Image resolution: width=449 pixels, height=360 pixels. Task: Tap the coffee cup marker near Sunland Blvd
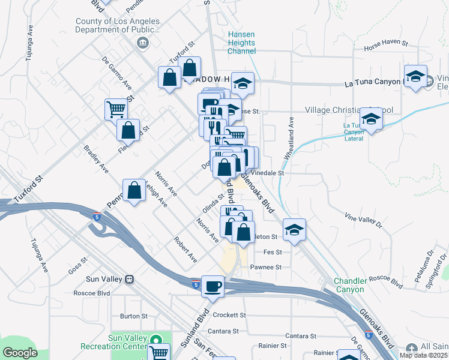tap(212, 286)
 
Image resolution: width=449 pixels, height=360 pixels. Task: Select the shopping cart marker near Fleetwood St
tap(116, 109)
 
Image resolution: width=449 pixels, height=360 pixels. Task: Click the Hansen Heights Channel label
tap(242, 43)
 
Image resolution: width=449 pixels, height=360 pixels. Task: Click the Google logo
tap(20, 352)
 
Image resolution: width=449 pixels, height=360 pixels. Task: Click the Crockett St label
tap(229, 315)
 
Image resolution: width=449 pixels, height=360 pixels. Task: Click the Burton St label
tap(133, 316)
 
